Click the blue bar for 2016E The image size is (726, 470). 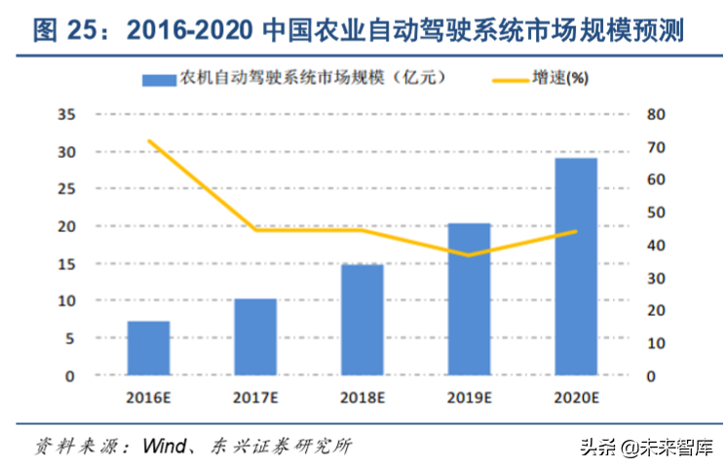pos(149,348)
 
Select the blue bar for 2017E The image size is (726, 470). pos(255,336)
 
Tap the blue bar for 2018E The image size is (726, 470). pos(363,320)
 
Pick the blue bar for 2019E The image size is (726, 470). pos(470,299)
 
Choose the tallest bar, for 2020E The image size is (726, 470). pos(576,266)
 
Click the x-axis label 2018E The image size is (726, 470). pos(363,397)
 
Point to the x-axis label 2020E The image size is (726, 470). pos(576,397)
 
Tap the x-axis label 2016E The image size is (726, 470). pos(149,397)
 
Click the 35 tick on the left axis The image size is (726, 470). pos(67,115)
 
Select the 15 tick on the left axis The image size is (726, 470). pos(67,264)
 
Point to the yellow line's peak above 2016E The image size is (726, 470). pos(149,140)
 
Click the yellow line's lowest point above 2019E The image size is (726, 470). pos(470,255)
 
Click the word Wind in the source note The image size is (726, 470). pos(166,447)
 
